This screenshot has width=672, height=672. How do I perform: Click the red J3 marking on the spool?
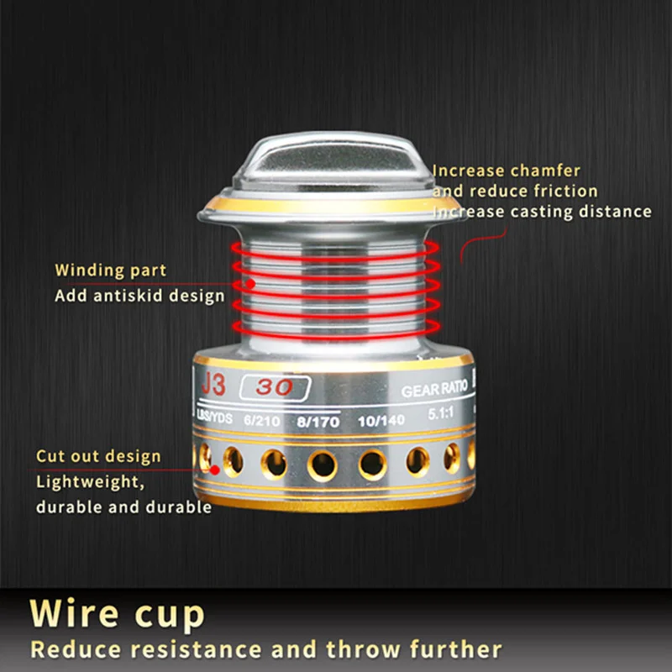click(x=213, y=384)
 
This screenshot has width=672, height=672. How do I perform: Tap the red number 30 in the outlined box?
click(x=275, y=387)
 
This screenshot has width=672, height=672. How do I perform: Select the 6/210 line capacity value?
click(x=262, y=421)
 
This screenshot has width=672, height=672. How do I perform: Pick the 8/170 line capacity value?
click(x=318, y=423)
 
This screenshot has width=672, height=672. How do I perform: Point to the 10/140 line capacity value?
click(x=381, y=421)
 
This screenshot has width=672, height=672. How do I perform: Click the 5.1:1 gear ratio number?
click(x=440, y=413)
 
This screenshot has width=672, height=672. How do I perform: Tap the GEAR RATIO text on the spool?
click(x=434, y=389)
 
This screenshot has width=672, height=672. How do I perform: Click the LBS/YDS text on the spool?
click(x=214, y=417)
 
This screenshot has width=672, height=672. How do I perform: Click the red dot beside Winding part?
click(x=250, y=284)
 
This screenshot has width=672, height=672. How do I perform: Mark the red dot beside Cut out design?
click(x=215, y=470)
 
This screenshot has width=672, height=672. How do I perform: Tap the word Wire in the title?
click(x=74, y=613)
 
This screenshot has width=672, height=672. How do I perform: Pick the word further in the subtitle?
click(x=455, y=648)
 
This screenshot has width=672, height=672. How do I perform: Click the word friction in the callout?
click(x=565, y=192)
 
